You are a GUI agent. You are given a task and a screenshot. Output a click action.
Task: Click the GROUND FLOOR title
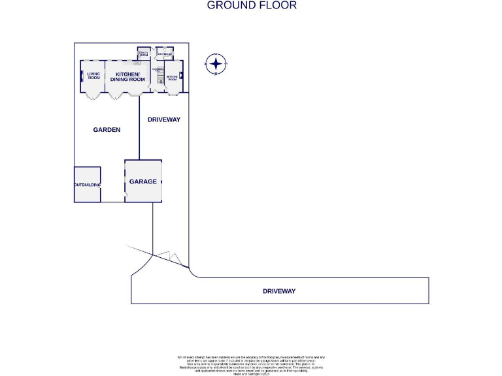(x=252, y=5)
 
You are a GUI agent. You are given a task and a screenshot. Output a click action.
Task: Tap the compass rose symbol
(x=215, y=64)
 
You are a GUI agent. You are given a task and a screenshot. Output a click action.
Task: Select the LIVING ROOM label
(x=93, y=76)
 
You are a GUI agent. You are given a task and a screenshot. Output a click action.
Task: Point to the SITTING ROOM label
(x=173, y=78)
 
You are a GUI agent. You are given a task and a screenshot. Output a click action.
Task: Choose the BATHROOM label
(x=164, y=54)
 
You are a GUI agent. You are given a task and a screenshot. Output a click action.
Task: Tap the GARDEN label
(x=107, y=130)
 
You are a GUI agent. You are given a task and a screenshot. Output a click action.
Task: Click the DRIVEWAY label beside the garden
(x=163, y=119)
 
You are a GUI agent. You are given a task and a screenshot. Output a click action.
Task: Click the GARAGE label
(x=142, y=181)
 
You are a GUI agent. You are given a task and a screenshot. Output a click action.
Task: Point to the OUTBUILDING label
(x=87, y=185)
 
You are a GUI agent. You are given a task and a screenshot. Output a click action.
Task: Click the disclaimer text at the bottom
(x=251, y=365)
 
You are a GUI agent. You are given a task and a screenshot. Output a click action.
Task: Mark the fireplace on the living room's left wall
(x=82, y=77)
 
